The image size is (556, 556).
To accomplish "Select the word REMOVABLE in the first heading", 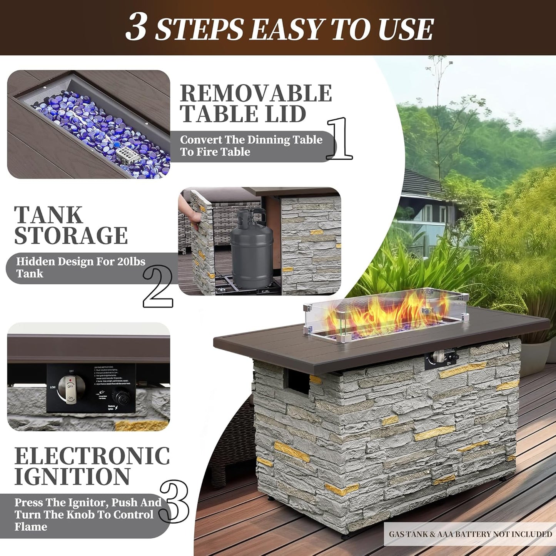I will [255, 94].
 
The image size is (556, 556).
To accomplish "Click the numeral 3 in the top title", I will [136, 27].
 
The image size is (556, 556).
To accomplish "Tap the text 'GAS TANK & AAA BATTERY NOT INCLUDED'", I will [470, 534].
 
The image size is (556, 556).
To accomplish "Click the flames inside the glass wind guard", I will [381, 314].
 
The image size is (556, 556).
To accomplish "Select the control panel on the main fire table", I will [442, 359].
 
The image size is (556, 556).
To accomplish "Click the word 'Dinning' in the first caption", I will [263, 140].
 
